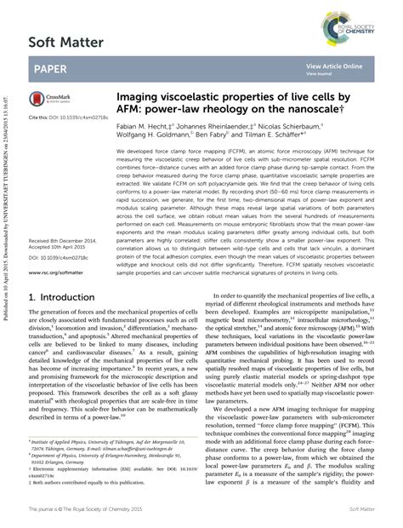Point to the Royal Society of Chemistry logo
(354, 17)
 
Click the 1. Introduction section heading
(67, 298)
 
